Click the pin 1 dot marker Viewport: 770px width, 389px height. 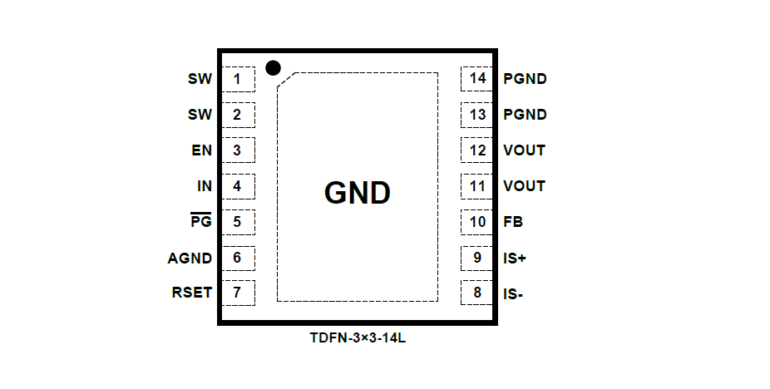coord(272,67)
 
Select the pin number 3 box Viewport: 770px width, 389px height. coord(238,150)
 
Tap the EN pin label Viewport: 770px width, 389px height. coord(201,150)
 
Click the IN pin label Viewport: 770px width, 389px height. coord(205,186)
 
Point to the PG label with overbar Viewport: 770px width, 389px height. coord(201,222)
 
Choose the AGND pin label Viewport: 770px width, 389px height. coord(190,258)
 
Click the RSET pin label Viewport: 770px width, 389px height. coord(191,293)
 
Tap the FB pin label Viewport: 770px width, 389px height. coord(513,222)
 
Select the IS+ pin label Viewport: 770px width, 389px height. coord(515,258)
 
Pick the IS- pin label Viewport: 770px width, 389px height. coord(514,293)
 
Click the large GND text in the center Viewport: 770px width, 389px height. coord(357,193)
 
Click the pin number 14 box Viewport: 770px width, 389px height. coord(477,79)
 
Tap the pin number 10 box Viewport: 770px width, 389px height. coord(477,222)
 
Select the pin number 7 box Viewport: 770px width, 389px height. coord(238,293)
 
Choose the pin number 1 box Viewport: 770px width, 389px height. coord(238,79)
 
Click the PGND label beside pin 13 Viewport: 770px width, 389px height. coord(525,115)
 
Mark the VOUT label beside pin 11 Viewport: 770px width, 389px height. coord(524,186)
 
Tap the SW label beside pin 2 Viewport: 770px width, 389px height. coord(200,115)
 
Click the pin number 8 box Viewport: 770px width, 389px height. coord(477,293)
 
